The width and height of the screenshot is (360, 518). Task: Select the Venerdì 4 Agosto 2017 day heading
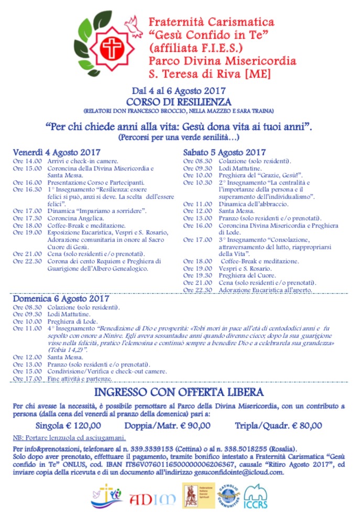pos(57,152)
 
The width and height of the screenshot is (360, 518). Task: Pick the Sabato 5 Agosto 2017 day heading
pos(225,152)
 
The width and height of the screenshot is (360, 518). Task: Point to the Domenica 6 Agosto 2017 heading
pos(60,299)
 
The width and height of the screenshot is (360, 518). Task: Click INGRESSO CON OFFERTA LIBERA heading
pos(179,393)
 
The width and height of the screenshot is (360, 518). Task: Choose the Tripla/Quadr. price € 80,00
pos(278,426)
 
